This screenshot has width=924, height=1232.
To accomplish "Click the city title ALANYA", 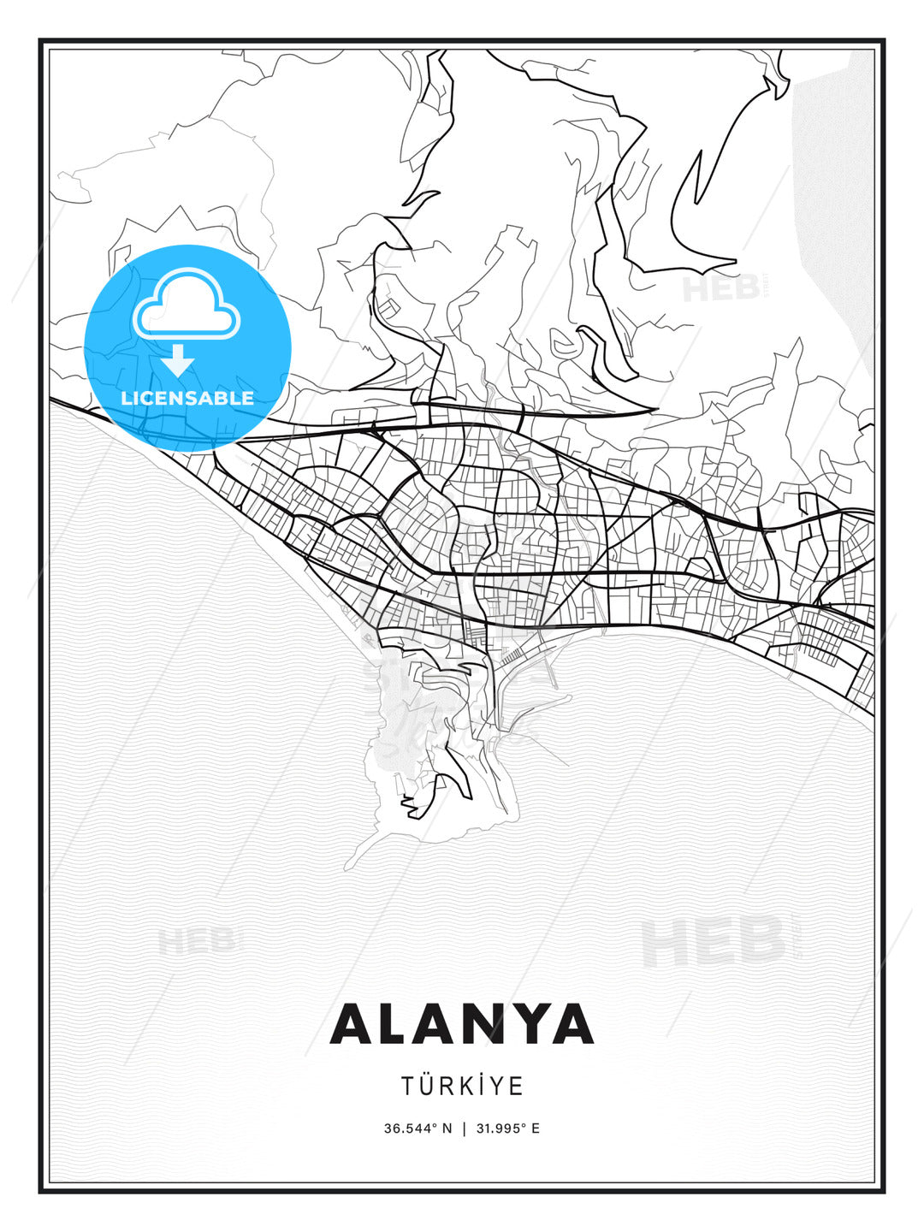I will pos(462,1024).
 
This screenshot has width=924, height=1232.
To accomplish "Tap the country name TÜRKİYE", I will pos(462,1086).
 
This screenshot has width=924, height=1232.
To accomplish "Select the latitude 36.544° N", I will pos(418,1128).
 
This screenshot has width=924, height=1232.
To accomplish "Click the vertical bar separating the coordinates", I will pos(464,1128).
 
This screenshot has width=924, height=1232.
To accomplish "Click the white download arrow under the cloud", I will pos(178,360).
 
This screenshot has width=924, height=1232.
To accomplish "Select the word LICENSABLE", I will pos(187,398).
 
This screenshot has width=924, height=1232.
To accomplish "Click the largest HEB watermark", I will pos(713,940).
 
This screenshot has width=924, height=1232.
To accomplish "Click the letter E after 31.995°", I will pos(536,1128).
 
